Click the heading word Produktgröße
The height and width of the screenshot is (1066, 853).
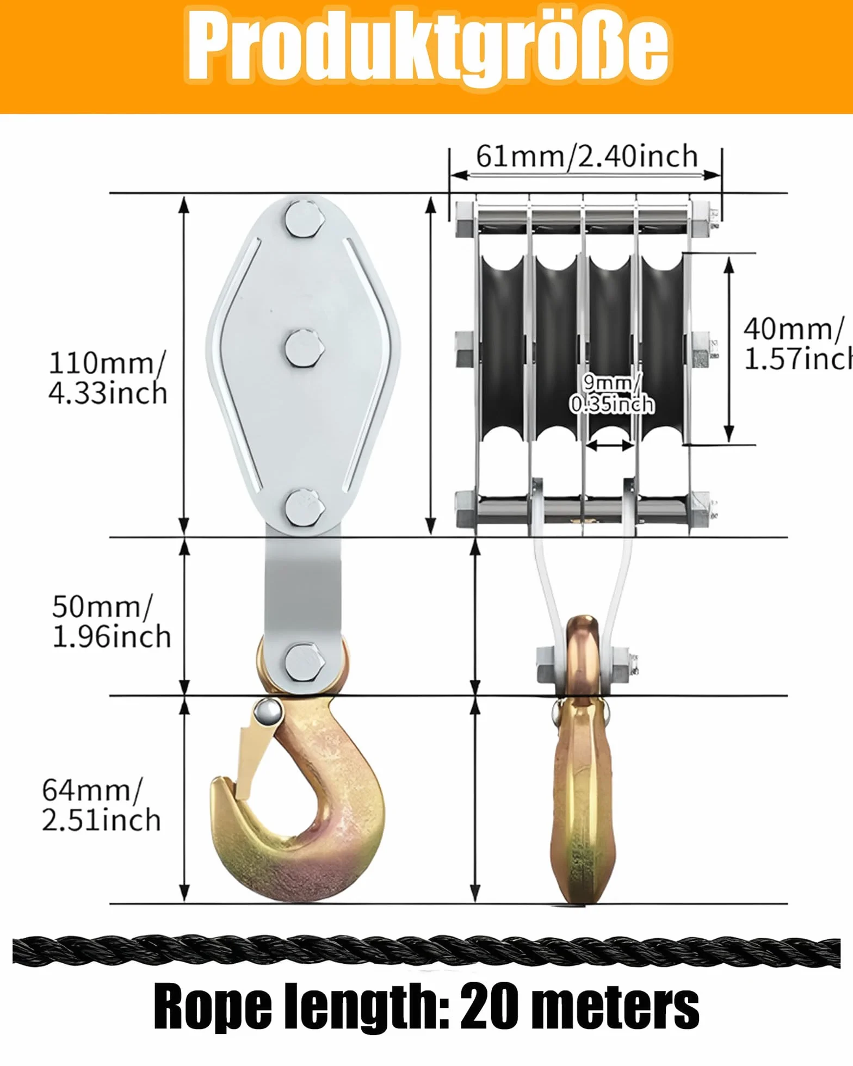(428, 48)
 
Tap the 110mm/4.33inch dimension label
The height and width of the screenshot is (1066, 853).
(107, 378)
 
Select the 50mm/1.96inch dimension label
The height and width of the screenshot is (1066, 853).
(111, 622)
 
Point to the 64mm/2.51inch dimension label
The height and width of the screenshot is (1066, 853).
(101, 805)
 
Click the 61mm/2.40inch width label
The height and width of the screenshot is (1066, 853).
(587, 157)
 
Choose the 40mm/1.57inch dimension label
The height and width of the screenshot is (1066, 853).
(798, 344)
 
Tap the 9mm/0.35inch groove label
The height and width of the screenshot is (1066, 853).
(611, 394)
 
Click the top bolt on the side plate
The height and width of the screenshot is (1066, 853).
(305, 220)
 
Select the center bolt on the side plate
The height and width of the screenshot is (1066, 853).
(305, 349)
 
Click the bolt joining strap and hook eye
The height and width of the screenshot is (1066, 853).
(305, 662)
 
